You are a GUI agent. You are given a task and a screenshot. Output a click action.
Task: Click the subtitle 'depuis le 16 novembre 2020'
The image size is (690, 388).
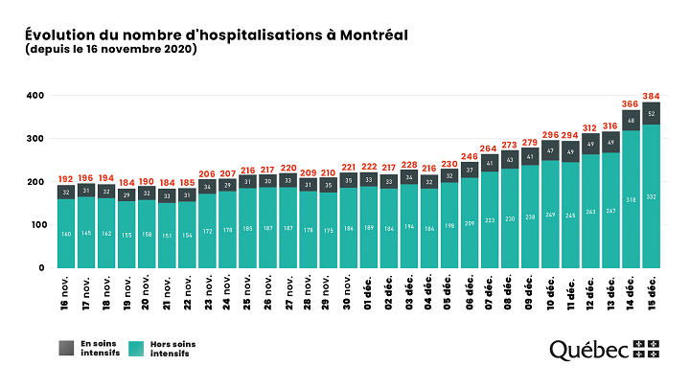(111, 50)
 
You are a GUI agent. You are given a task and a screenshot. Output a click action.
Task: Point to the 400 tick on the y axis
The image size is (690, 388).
(35, 96)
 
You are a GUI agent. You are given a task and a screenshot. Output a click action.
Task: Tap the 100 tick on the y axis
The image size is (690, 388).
(35, 225)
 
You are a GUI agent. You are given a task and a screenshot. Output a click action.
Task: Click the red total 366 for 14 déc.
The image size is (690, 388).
(631, 103)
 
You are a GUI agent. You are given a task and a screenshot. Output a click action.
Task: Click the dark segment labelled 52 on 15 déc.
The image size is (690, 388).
(652, 113)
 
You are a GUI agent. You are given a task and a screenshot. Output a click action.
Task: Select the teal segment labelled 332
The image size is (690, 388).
(652, 196)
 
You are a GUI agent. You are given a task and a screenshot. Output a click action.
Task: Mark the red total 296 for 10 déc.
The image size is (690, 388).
(550, 134)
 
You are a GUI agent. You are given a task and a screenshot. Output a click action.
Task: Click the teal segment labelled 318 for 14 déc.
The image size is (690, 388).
(631, 199)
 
